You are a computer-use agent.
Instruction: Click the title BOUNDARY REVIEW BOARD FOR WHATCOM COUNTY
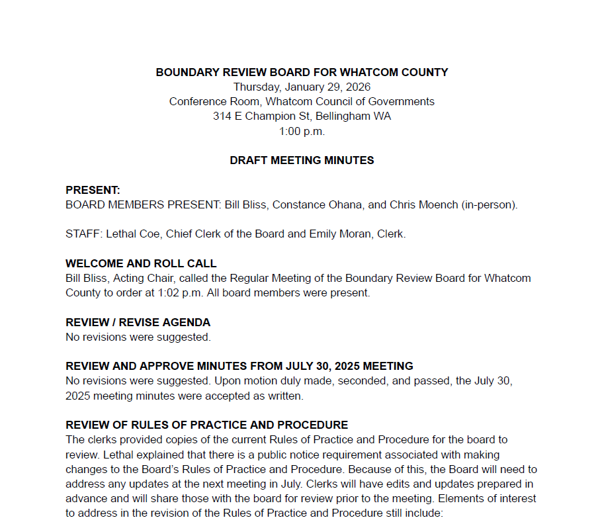[302, 72]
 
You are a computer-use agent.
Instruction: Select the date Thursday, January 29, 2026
[302, 87]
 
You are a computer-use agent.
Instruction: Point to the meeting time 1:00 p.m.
[302, 131]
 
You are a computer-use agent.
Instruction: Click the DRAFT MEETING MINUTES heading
[302, 160]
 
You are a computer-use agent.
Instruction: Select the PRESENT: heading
[93, 190]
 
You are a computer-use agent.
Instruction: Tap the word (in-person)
[489, 204]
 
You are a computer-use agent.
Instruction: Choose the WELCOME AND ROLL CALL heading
[141, 263]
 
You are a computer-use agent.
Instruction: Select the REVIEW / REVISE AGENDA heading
[138, 322]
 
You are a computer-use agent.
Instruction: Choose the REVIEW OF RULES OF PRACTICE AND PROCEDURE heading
[206, 425]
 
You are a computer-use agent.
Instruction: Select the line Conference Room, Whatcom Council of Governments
[302, 102]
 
